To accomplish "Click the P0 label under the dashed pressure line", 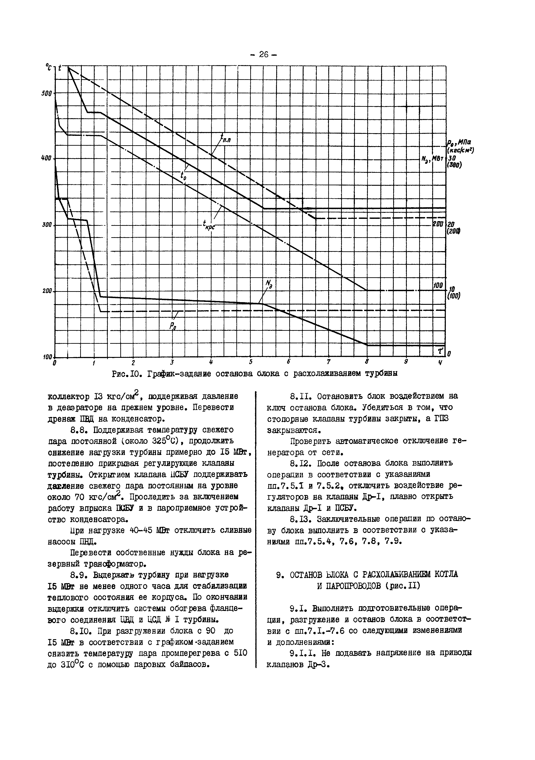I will tap(173, 326).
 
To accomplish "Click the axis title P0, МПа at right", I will tap(460, 143).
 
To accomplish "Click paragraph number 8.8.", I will tap(78, 430).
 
